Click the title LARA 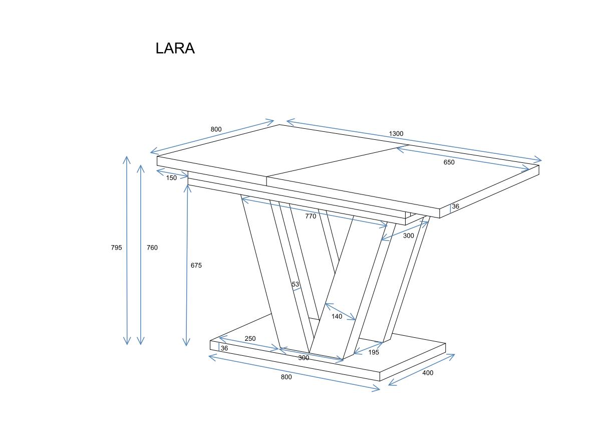click(x=175, y=49)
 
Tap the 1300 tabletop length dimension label click(x=396, y=133)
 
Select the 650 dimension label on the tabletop click(x=449, y=162)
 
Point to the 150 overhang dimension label click(x=171, y=178)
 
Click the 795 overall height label click(x=116, y=248)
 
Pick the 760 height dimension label click(x=152, y=248)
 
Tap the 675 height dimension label click(x=196, y=265)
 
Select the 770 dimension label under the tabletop click(x=311, y=216)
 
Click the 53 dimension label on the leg click(x=295, y=284)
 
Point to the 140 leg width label click(x=337, y=316)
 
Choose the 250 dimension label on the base click(x=250, y=339)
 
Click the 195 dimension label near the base click(x=374, y=352)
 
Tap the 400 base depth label click(x=428, y=373)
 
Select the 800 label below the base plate click(x=286, y=377)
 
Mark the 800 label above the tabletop click(x=216, y=129)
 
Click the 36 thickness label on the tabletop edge click(x=455, y=206)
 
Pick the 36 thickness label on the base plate click(x=224, y=348)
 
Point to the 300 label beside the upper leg click(x=408, y=236)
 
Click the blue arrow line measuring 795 click(x=127, y=251)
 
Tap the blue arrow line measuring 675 click(x=187, y=265)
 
